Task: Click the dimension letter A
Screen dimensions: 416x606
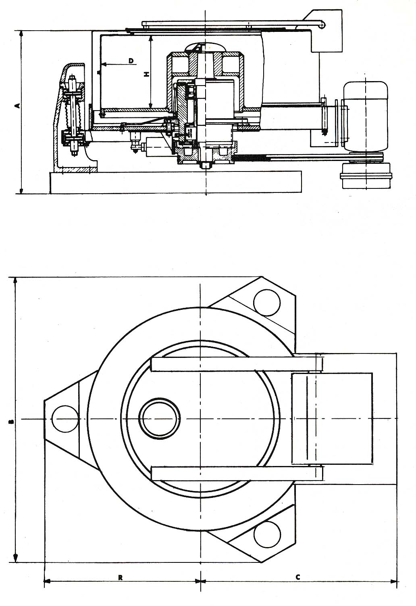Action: tap(18, 106)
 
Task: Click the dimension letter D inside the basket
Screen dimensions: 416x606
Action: tap(131, 61)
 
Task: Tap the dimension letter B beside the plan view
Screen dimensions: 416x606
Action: tap(11, 421)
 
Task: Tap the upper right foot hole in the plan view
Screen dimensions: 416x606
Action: tap(267, 303)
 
